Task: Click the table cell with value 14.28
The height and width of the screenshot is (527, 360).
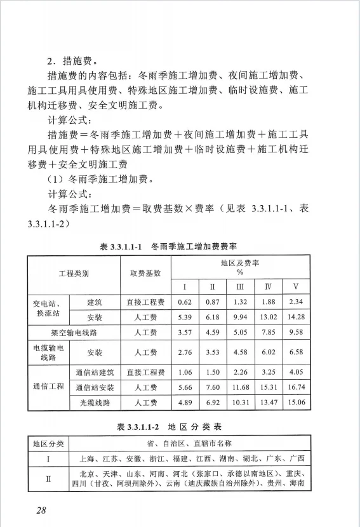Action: click(x=296, y=316)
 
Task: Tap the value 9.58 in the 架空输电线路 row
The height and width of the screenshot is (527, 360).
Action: click(x=296, y=332)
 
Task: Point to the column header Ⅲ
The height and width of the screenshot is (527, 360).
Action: click(x=240, y=286)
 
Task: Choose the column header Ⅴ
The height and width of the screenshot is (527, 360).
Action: click(x=296, y=286)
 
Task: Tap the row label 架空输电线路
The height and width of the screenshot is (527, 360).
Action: click(x=74, y=332)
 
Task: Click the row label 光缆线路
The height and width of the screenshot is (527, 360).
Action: click(x=95, y=403)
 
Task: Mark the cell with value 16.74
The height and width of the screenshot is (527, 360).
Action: click(x=296, y=387)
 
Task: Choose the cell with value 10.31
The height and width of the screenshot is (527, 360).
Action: click(x=240, y=403)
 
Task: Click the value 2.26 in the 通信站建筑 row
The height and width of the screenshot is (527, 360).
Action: click(x=240, y=372)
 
